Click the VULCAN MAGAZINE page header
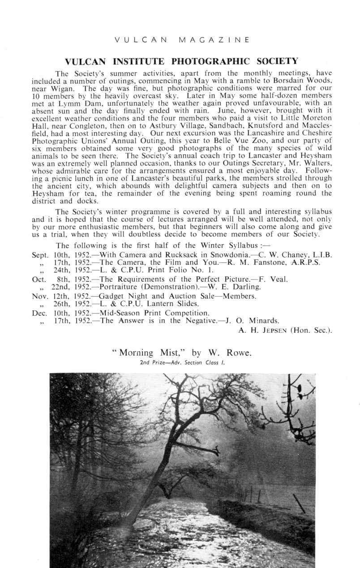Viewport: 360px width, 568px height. [x=181, y=40]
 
